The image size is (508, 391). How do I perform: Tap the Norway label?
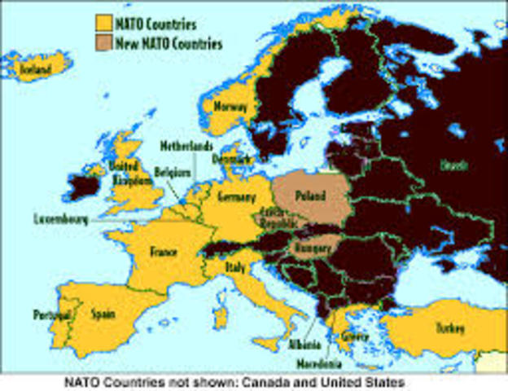[229, 106]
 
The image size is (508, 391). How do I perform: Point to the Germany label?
[237, 198]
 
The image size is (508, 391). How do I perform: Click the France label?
[163, 253]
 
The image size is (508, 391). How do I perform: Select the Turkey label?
[449, 329]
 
